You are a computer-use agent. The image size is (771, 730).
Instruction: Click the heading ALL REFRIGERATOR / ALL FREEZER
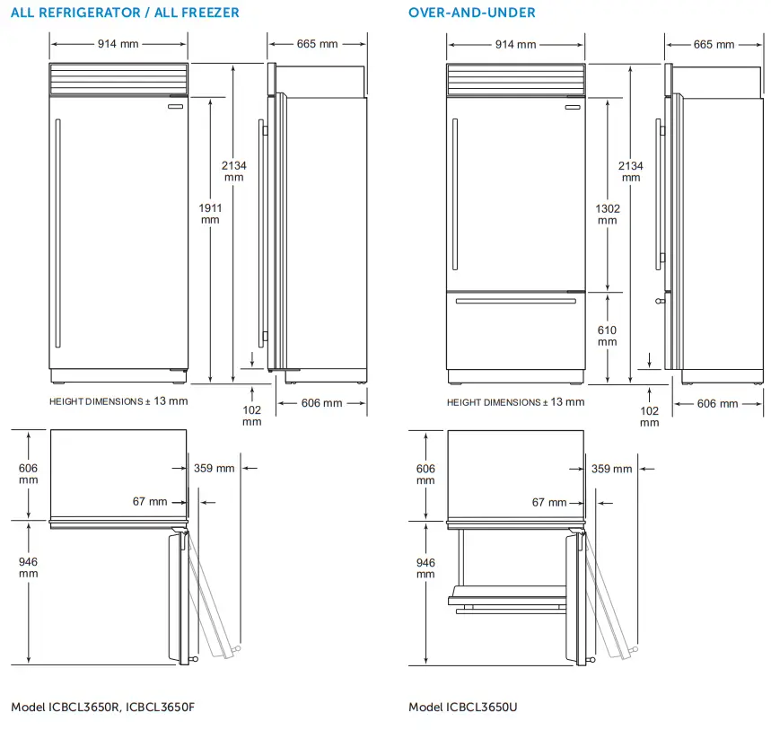[125, 13]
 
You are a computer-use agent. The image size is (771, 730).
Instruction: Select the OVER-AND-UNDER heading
[472, 13]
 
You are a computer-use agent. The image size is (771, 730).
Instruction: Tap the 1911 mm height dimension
[210, 213]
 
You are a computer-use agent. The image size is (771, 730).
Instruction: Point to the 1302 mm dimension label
[608, 214]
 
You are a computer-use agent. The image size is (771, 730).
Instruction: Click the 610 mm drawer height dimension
[608, 336]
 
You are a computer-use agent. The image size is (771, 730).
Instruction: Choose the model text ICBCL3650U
[463, 708]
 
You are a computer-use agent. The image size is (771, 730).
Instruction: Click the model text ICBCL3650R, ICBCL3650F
[102, 708]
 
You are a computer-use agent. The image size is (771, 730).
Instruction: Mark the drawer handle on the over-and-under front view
[515, 302]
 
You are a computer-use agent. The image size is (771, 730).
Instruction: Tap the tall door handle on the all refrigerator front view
[57, 235]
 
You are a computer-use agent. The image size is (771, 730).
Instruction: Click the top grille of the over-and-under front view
[515, 78]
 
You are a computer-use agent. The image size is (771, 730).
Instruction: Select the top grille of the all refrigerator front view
[118, 78]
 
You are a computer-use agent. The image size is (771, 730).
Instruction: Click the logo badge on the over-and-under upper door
[571, 110]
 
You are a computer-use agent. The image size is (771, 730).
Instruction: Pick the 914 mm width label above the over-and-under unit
[515, 45]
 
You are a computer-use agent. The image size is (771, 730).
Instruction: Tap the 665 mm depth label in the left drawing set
[317, 44]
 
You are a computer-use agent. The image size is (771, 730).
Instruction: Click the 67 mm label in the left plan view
[150, 501]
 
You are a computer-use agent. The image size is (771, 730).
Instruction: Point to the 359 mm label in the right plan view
[611, 469]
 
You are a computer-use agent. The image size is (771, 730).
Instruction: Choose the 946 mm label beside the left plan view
[28, 567]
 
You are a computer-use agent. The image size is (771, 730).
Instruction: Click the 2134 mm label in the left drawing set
[234, 171]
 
